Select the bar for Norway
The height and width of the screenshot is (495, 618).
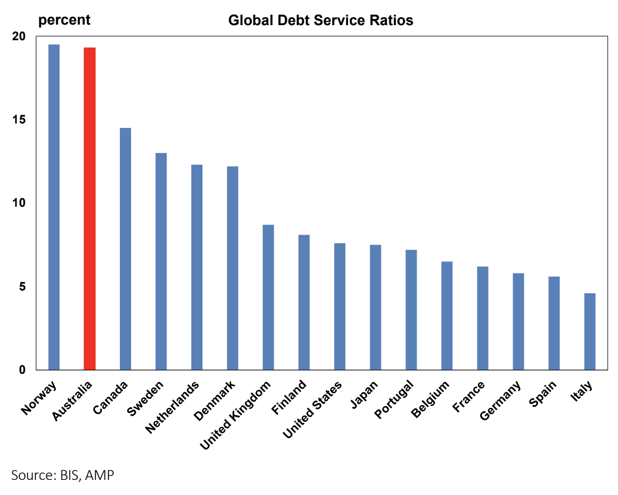(54, 207)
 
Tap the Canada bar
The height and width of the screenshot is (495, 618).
(125, 249)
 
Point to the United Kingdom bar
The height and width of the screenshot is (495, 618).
(268, 297)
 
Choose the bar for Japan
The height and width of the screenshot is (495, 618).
(375, 307)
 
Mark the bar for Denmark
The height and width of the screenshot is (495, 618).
(232, 268)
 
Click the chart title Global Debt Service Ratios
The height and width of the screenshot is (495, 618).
(321, 21)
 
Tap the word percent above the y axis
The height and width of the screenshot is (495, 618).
(64, 20)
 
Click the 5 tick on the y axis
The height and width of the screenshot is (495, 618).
(22, 287)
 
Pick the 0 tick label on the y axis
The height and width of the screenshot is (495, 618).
(22, 370)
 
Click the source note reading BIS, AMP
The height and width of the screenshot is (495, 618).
(62, 475)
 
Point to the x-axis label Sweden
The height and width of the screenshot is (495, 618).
(146, 398)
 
